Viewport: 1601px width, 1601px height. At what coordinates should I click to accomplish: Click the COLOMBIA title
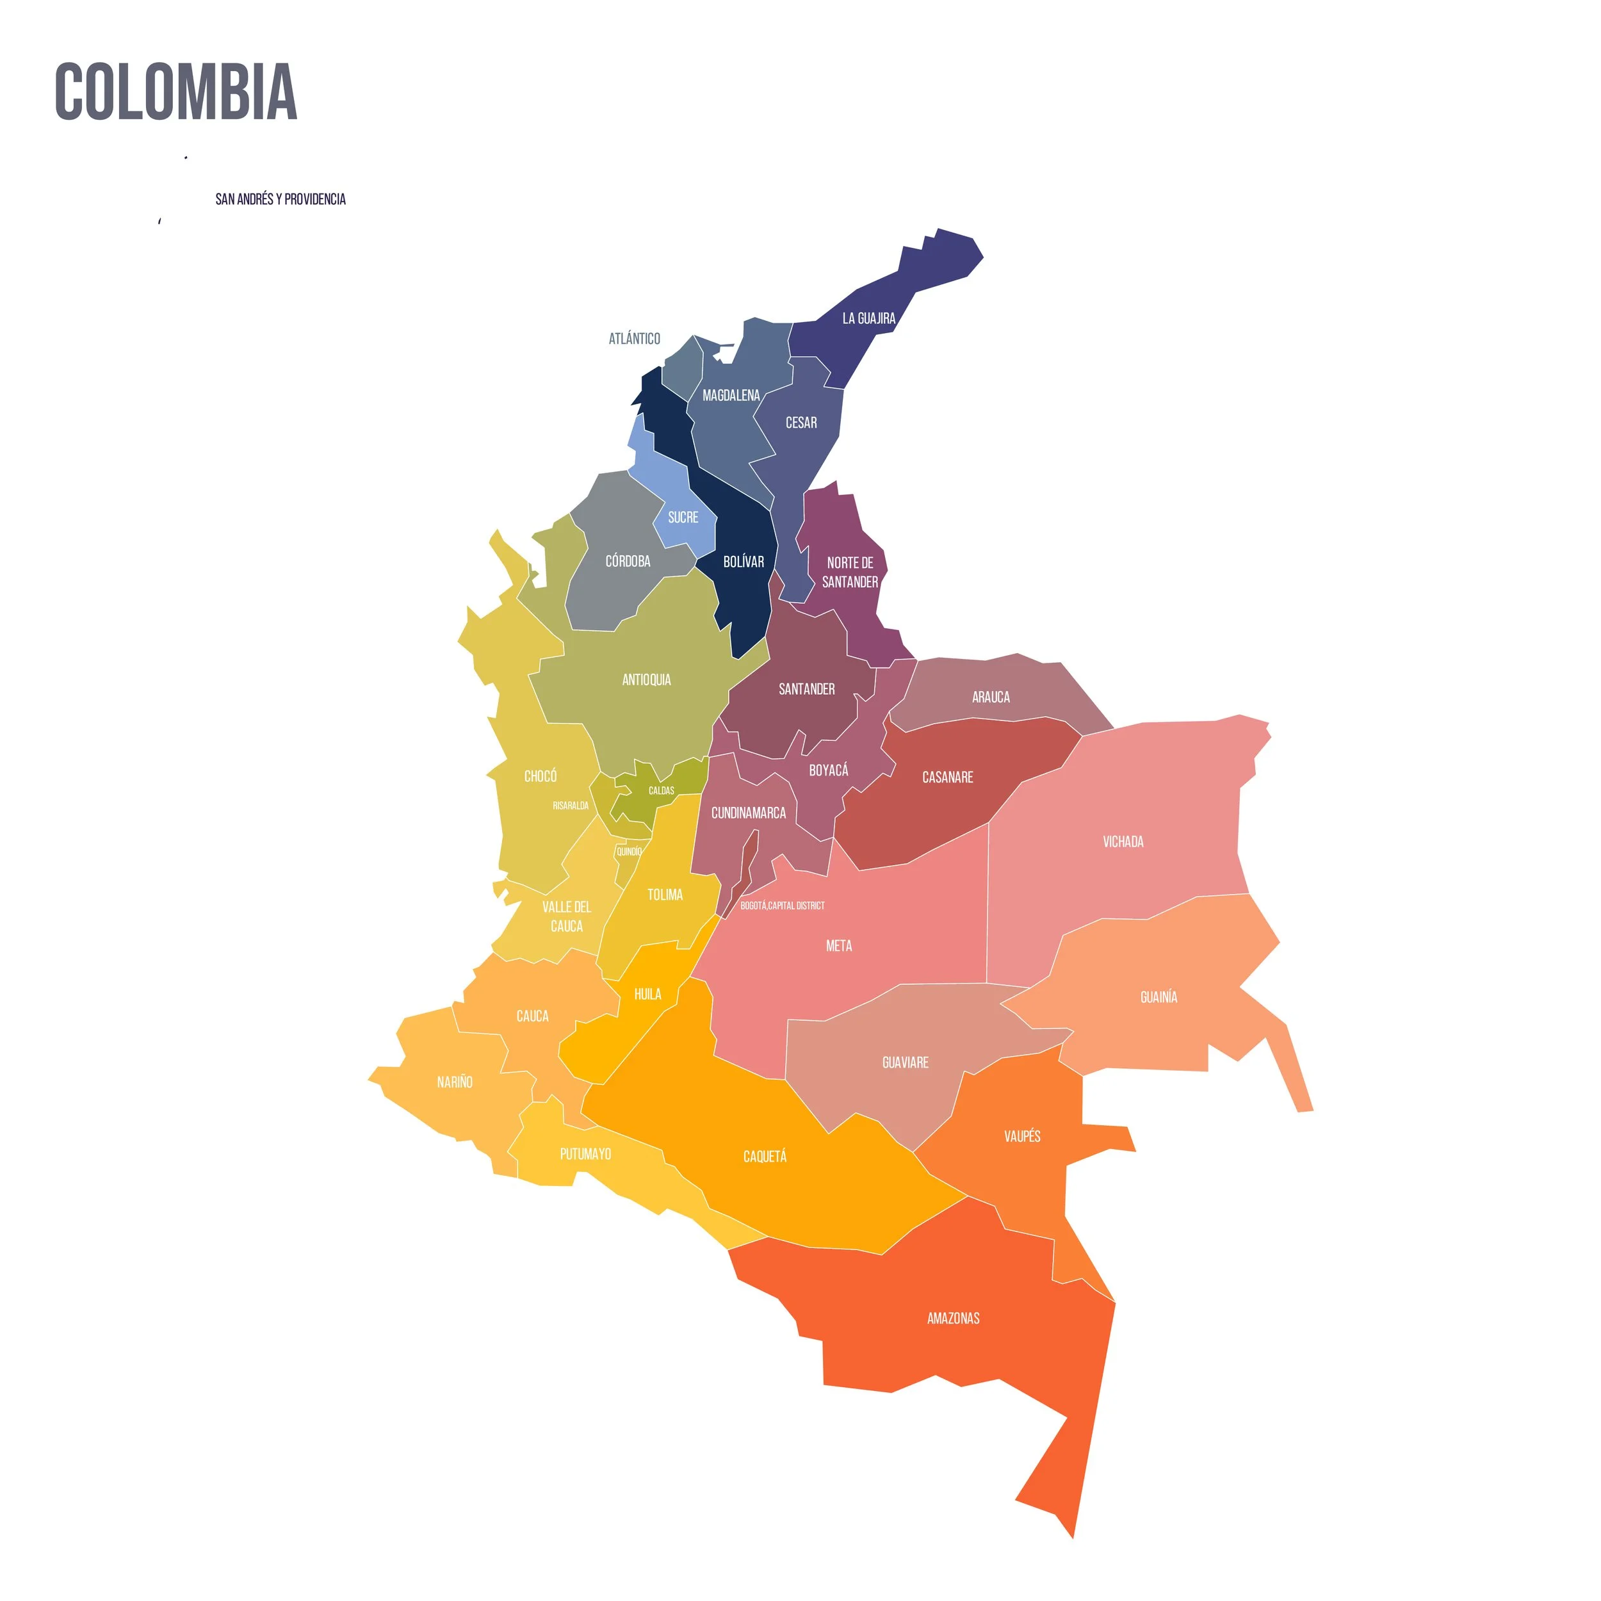[175, 92]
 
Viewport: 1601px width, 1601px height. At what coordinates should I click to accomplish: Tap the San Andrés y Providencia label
[280, 199]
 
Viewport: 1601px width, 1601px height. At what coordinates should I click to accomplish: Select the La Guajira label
[868, 318]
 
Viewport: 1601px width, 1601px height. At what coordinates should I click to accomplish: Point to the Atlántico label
[634, 338]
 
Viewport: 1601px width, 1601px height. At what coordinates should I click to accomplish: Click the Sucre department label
[683, 517]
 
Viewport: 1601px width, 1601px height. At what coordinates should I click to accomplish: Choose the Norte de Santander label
[849, 572]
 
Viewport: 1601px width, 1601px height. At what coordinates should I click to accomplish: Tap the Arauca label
[990, 697]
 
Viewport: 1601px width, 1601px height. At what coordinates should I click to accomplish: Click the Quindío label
[629, 851]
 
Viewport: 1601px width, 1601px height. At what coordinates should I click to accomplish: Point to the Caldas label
[662, 790]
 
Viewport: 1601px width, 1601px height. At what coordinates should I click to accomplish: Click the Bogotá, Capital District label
[783, 906]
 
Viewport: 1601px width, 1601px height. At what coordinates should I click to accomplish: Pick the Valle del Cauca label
[567, 916]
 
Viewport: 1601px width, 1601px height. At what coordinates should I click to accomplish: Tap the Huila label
[647, 995]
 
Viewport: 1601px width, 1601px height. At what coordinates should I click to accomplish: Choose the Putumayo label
[585, 1153]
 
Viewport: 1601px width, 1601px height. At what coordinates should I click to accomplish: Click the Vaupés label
[1021, 1136]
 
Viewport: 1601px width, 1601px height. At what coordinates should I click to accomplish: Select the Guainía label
[1158, 997]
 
